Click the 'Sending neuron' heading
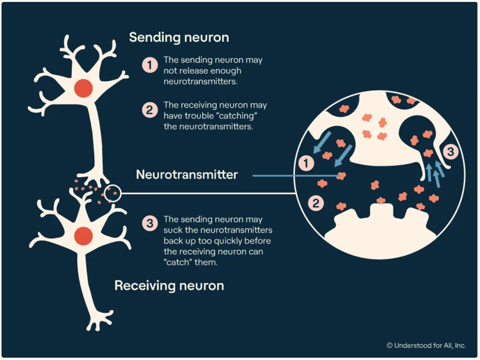(x=179, y=37)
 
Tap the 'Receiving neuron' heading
(x=169, y=286)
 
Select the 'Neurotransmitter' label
(x=187, y=175)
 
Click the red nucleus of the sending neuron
(x=83, y=88)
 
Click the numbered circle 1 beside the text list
(x=150, y=65)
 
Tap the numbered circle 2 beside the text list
(x=150, y=111)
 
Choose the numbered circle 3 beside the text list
(x=150, y=224)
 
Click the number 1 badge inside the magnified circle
(x=306, y=164)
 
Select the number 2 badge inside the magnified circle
(x=316, y=203)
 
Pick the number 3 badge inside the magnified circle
(x=451, y=152)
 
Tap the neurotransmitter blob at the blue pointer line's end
(x=341, y=176)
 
